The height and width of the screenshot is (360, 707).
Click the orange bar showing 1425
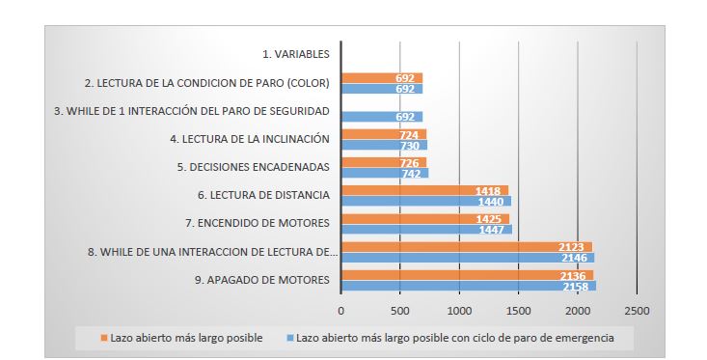[x=424, y=219]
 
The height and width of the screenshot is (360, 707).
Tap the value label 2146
[x=575, y=259]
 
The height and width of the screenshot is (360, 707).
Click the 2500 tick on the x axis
[x=637, y=311]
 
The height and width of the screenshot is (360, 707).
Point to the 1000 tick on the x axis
[x=459, y=311]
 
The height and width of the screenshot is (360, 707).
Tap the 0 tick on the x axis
[x=341, y=311]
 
